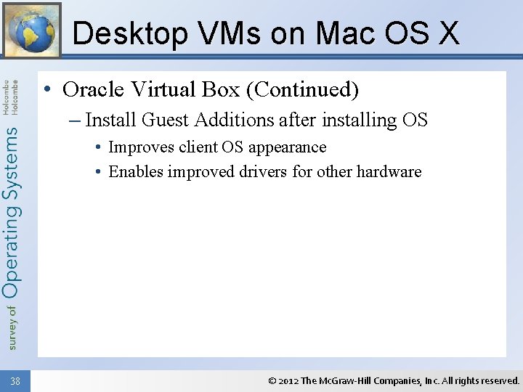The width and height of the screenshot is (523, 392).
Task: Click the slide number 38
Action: coord(15,380)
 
